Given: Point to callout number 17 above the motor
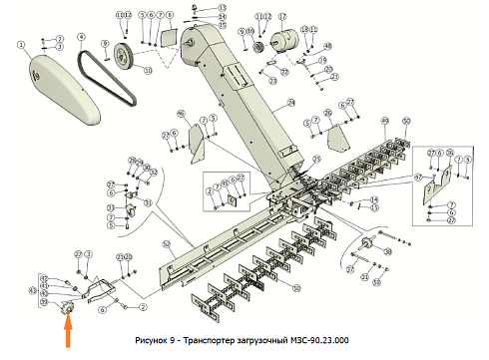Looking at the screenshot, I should click(x=280, y=17).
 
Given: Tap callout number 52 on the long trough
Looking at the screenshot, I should click(x=166, y=243).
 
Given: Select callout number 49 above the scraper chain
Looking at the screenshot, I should click(x=384, y=121).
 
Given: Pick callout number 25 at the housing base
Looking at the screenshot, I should click(x=317, y=158).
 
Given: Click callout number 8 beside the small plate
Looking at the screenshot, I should click(x=170, y=16).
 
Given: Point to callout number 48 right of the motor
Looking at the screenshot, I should click(x=327, y=45).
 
